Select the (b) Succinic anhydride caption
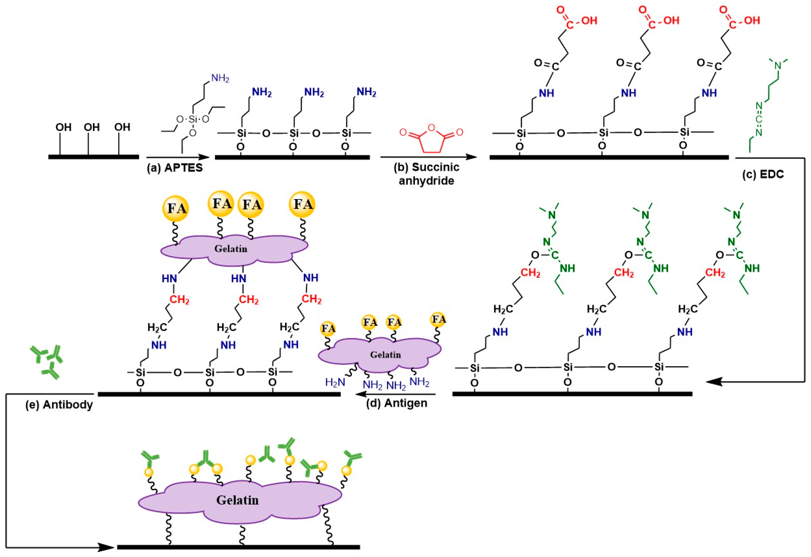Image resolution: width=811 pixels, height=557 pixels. pos(426,174)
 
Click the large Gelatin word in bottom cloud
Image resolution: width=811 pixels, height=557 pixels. pos(237,500)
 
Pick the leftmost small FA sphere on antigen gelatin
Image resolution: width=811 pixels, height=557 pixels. pos(328,329)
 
